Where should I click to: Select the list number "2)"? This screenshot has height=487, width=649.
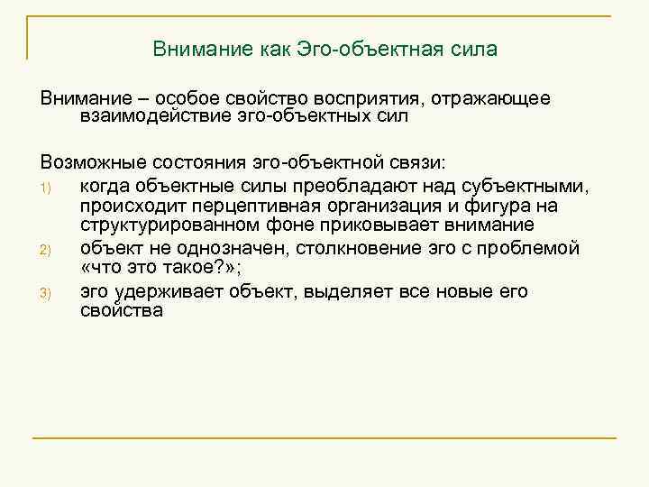pyautogui.click(x=48, y=249)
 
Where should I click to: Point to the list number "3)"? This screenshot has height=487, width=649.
pyautogui.click(x=48, y=292)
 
